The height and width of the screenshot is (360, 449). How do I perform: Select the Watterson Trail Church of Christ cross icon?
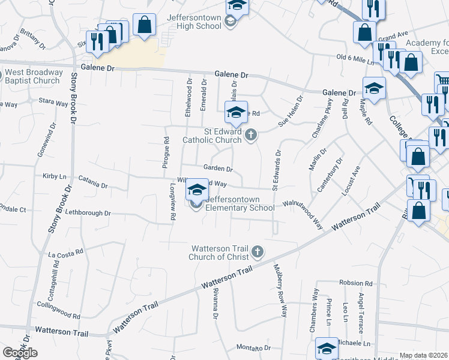(x=258, y=251)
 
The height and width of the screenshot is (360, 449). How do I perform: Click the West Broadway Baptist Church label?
(x=33, y=77)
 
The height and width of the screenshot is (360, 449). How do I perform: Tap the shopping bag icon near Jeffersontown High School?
(x=144, y=25)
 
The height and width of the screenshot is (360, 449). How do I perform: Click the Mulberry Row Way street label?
(x=280, y=290)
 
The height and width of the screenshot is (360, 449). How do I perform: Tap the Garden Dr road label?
(x=217, y=169)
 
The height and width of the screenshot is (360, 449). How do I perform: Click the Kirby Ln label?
(x=54, y=176)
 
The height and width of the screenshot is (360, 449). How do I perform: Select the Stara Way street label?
(x=53, y=103)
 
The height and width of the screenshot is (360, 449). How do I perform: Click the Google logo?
(x=20, y=353)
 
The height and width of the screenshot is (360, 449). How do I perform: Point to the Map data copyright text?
(x=423, y=355)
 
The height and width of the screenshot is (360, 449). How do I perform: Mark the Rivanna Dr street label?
(x=214, y=299)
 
